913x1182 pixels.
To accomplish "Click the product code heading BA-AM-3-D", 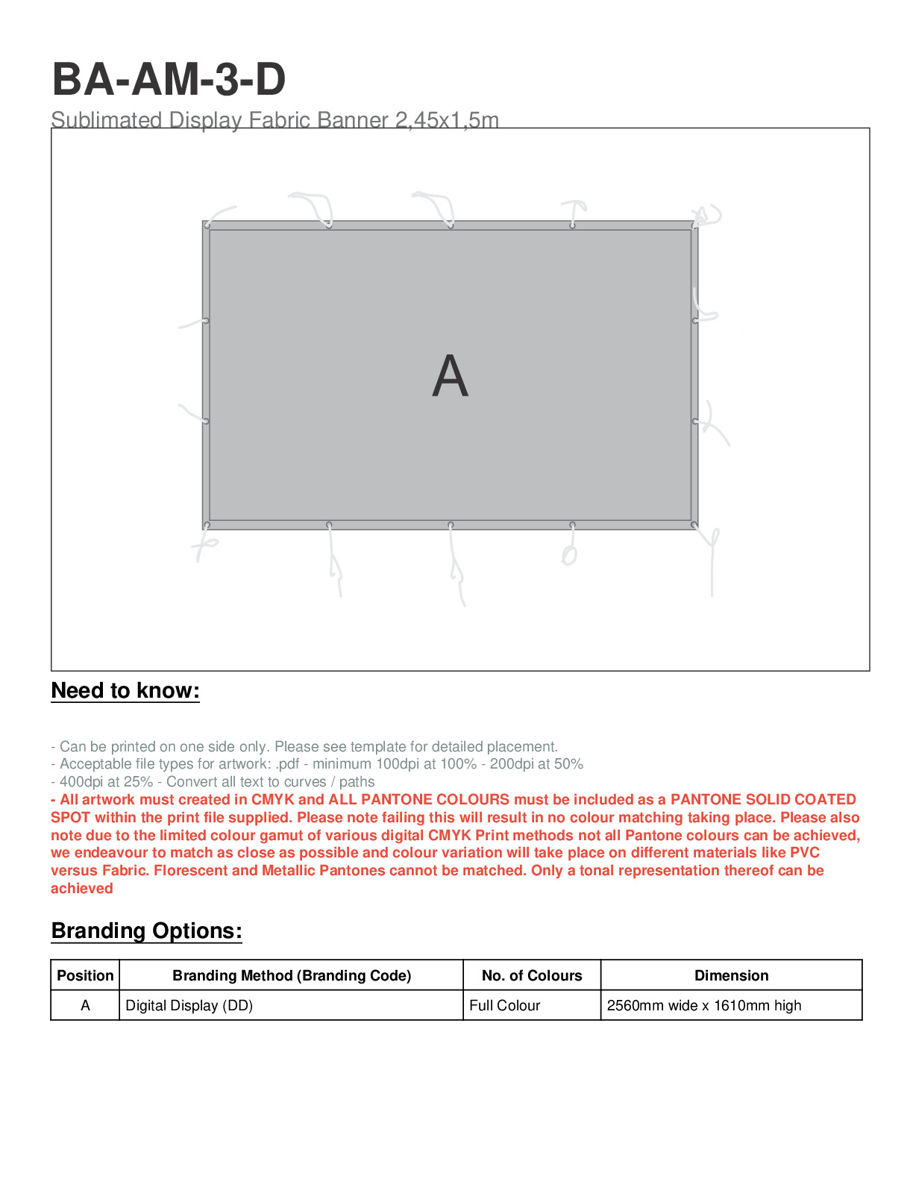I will point(169,79).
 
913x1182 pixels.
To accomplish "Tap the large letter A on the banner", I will point(450,376).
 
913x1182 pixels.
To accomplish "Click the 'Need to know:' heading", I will point(125,690).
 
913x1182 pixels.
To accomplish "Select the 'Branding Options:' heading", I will point(146,931).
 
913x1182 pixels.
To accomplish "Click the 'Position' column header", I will point(85,975).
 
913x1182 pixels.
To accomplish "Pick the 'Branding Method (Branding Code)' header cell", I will point(292,975).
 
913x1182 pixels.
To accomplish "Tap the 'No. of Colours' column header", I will point(532,975).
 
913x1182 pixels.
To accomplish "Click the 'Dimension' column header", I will point(731,975).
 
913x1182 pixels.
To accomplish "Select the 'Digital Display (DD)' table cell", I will point(189,1005).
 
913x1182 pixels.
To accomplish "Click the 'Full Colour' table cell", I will point(505,1005).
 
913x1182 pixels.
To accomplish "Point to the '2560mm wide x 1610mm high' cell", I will point(704,1005).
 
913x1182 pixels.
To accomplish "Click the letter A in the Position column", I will point(85,1005).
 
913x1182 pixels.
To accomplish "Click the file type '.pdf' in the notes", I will point(287,763).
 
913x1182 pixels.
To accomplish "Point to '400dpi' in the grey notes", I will point(81,781).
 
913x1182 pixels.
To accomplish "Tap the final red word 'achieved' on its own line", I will point(82,888).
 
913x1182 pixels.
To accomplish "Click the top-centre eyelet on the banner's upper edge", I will point(451,225).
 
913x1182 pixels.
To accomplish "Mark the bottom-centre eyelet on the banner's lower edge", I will point(451,525).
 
